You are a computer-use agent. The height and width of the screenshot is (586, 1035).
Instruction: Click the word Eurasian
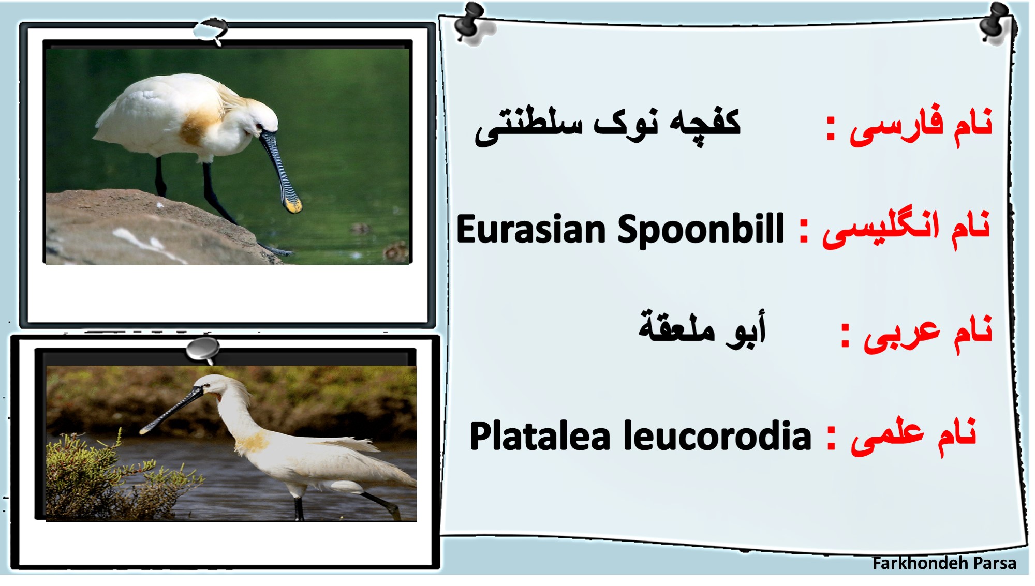(531, 230)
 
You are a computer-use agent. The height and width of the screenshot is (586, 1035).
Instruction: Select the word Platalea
(540, 436)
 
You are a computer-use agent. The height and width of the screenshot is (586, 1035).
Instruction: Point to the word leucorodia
(717, 436)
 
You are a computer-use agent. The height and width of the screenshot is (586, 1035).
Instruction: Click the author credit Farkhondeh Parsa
(944, 563)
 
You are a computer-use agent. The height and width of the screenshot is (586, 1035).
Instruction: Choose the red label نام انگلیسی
(906, 230)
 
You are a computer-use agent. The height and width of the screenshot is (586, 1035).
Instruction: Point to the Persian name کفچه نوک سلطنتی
(608, 127)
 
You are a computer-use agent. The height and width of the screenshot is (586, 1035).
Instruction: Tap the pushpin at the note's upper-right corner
(997, 22)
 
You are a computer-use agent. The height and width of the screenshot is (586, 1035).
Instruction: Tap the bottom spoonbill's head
(210, 386)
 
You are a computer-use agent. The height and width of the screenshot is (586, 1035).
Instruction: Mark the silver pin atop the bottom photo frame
(203, 350)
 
